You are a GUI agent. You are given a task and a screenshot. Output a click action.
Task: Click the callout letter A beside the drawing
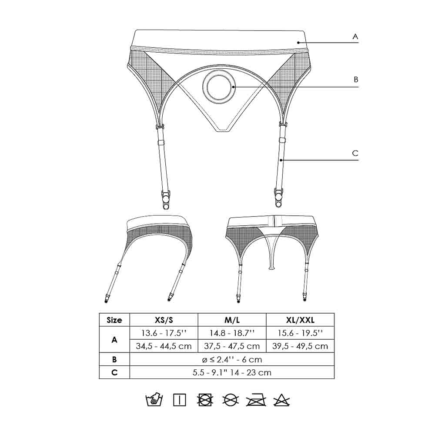coord(355,37)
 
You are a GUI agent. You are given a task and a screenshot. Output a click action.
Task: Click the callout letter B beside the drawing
coord(355,80)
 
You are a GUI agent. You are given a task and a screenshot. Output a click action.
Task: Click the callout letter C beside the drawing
coord(355,153)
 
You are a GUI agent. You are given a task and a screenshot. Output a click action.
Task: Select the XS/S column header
coord(164,320)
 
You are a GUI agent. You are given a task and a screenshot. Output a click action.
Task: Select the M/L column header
coord(232,320)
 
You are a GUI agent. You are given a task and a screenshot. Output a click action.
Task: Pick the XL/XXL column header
coord(300,320)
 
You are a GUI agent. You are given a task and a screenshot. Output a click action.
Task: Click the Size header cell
coord(114,320)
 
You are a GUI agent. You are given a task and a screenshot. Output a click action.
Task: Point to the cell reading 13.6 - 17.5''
coord(164,333)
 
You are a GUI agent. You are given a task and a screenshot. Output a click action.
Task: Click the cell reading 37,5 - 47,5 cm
coord(232,346)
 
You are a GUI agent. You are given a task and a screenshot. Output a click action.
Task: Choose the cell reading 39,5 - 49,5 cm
coord(300,346)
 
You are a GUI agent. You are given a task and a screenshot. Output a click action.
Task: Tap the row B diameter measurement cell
coord(232,359)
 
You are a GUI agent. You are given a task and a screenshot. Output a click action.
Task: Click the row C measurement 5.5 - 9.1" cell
coord(232,372)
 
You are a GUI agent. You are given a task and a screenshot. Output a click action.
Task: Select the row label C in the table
coord(114,372)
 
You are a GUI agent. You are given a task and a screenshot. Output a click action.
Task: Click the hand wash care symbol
coord(154,399)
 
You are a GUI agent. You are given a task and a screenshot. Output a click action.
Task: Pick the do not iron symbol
coord(256,399)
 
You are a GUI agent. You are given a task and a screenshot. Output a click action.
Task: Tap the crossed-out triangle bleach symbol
coord(281,399)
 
